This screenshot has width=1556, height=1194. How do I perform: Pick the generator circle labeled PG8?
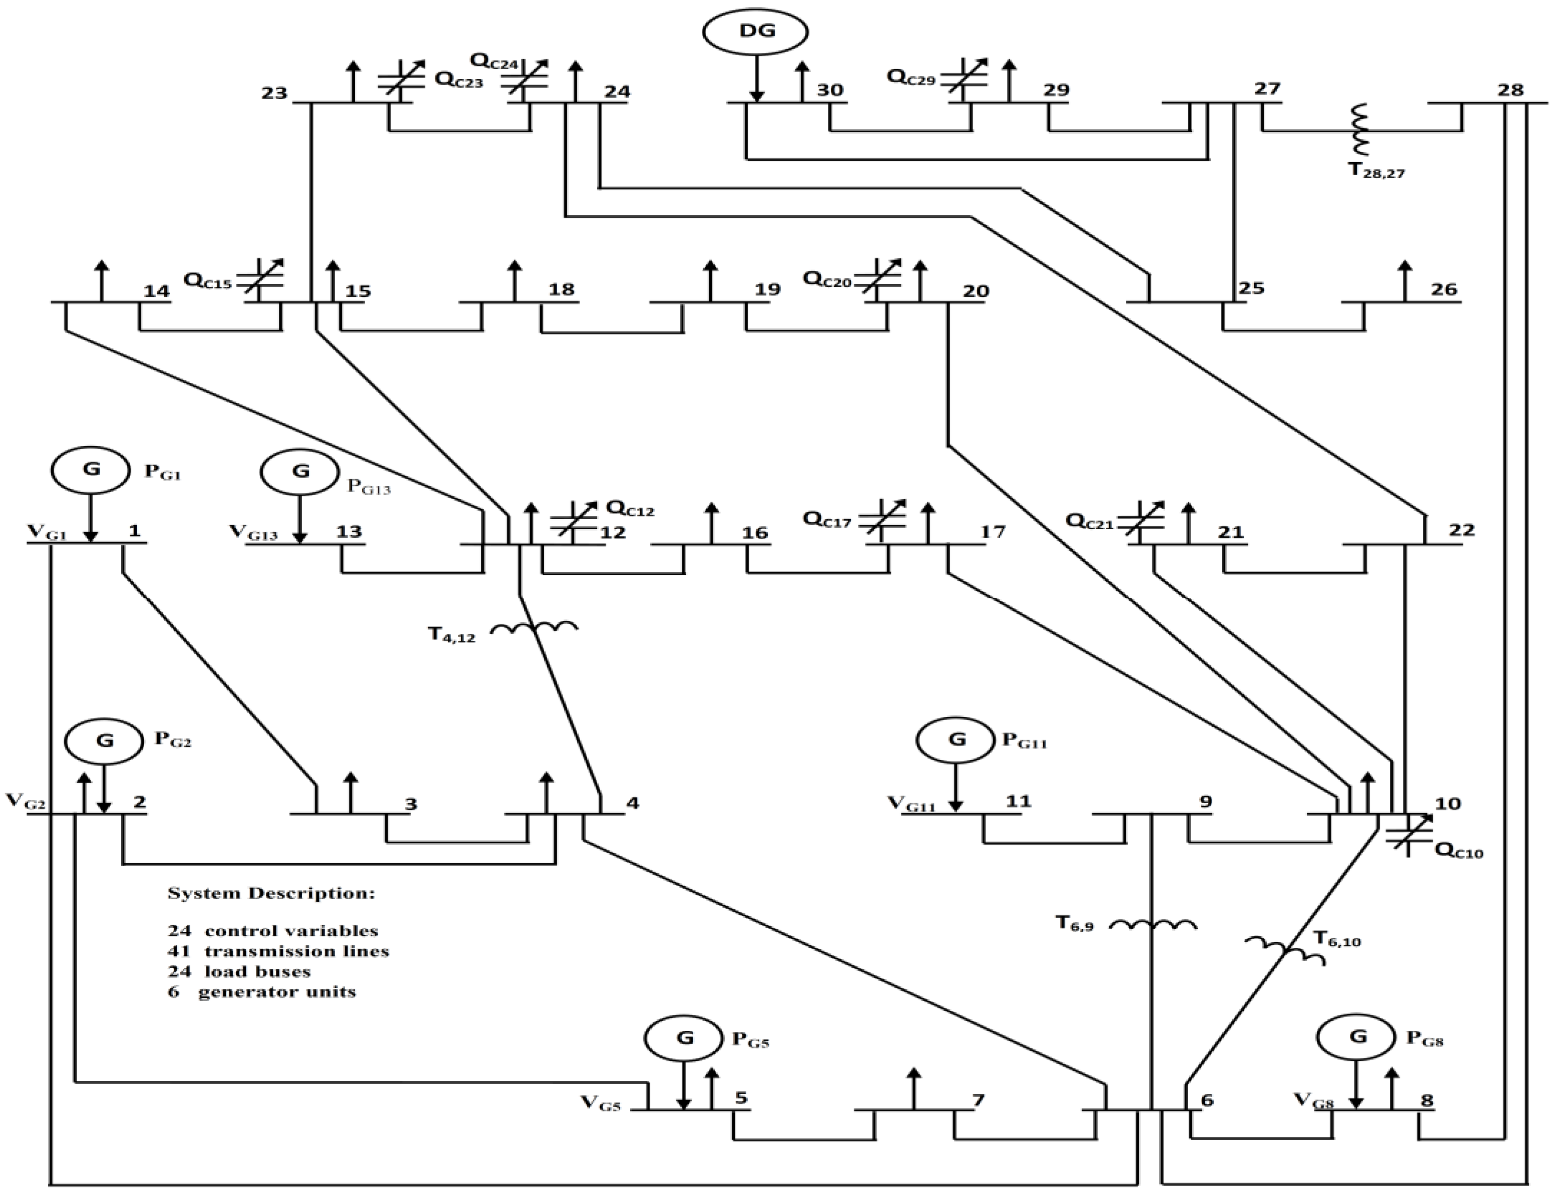point(1357,1037)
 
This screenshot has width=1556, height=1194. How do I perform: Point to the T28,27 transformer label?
point(1376,171)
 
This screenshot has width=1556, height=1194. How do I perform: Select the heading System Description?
point(270,893)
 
